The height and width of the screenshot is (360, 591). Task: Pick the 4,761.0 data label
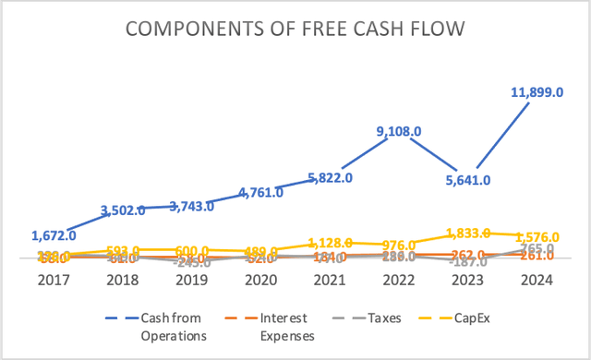click(x=257, y=193)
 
